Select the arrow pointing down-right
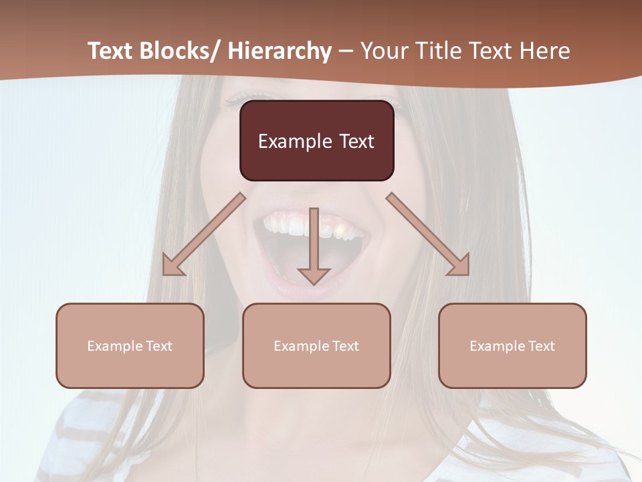(428, 234)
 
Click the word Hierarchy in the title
(280, 51)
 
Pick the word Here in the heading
(546, 51)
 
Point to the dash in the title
(346, 52)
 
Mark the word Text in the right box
(541, 346)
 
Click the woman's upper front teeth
(314, 225)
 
